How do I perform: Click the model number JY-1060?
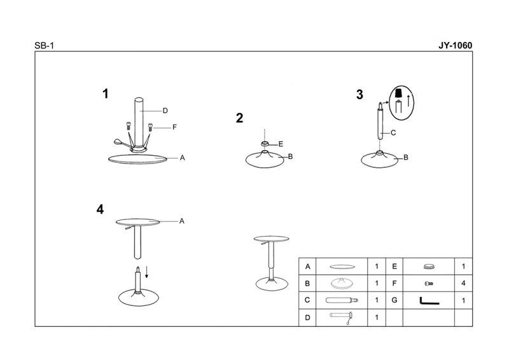click(x=455, y=45)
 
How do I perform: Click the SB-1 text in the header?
click(x=44, y=46)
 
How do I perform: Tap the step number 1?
click(x=105, y=93)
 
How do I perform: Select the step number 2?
click(x=239, y=118)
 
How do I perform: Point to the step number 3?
click(x=359, y=95)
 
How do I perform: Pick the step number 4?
click(x=100, y=209)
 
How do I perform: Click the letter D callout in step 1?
click(x=165, y=111)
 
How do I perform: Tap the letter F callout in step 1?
click(x=174, y=127)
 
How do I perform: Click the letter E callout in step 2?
click(x=281, y=144)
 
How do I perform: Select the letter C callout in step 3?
click(x=393, y=133)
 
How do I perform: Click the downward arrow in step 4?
click(x=147, y=272)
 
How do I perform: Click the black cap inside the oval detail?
click(x=398, y=92)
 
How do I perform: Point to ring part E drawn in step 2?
click(x=265, y=144)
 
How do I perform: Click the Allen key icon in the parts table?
click(x=429, y=301)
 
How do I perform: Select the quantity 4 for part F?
click(x=463, y=283)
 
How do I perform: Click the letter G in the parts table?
click(x=394, y=300)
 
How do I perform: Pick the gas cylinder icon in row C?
click(x=342, y=300)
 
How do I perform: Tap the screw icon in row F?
click(x=429, y=284)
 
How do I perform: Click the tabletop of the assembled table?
click(x=272, y=239)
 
